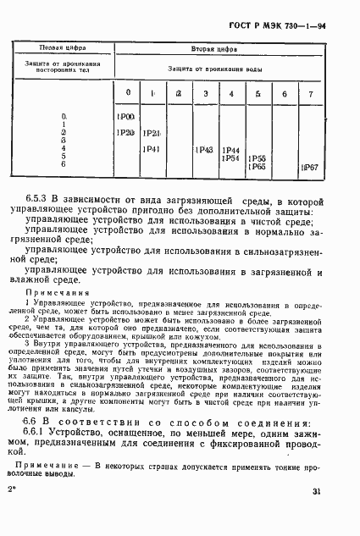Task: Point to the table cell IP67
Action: pos(310,169)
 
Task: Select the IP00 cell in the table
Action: pos(126,115)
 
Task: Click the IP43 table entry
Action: pos(202,149)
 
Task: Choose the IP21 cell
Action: pos(152,133)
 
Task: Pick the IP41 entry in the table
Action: pos(152,149)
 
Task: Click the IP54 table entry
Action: pos(230,158)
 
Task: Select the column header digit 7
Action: pos(310,93)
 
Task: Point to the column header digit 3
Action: pos(204,92)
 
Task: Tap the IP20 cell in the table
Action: pos(126,133)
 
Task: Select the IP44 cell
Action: pos(230,150)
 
